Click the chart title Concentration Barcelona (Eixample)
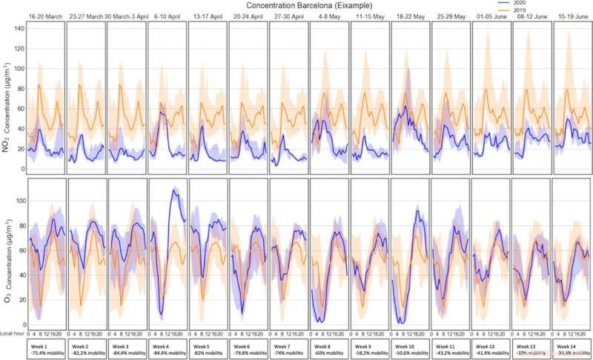[x=296, y=5]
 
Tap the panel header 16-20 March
[x=45, y=16]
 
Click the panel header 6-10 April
[x=167, y=16]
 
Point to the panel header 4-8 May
[x=329, y=16]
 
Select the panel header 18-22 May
[x=410, y=16]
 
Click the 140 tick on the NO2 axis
[x=19, y=27]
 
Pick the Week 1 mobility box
[x=45, y=349]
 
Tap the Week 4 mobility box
[x=167, y=349]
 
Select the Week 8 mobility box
[x=329, y=349]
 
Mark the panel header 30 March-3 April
[x=127, y=16]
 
